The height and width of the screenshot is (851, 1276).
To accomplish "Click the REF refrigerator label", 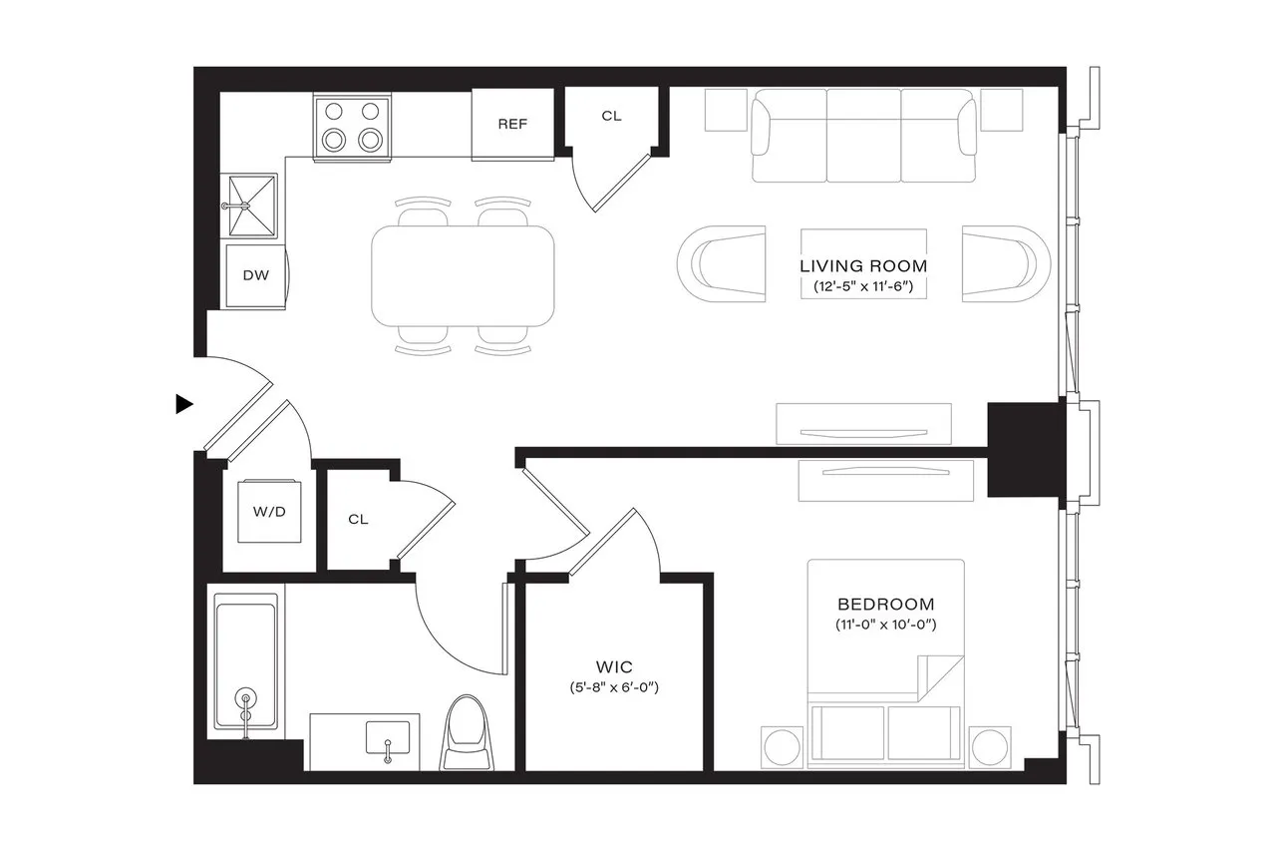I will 512,125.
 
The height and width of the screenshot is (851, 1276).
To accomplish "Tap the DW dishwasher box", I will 256,274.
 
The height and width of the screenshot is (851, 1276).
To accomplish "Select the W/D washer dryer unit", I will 269,513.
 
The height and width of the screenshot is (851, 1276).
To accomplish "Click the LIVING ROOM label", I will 863,266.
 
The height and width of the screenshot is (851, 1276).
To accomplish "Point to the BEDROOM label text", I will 885,605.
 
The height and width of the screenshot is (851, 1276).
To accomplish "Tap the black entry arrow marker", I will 183,404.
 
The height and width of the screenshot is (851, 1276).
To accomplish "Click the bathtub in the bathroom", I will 245,665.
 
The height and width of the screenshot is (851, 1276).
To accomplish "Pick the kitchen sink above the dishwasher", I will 247,206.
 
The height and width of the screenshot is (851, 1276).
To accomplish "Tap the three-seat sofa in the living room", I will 863,136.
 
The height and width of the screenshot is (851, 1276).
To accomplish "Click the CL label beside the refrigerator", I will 611,116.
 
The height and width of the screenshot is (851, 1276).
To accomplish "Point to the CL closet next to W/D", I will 359,520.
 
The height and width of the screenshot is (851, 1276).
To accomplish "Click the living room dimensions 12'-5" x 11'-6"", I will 863,287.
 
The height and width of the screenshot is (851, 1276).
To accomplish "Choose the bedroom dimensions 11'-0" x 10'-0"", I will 885,626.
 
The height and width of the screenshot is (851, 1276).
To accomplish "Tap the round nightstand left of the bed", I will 782,748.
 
